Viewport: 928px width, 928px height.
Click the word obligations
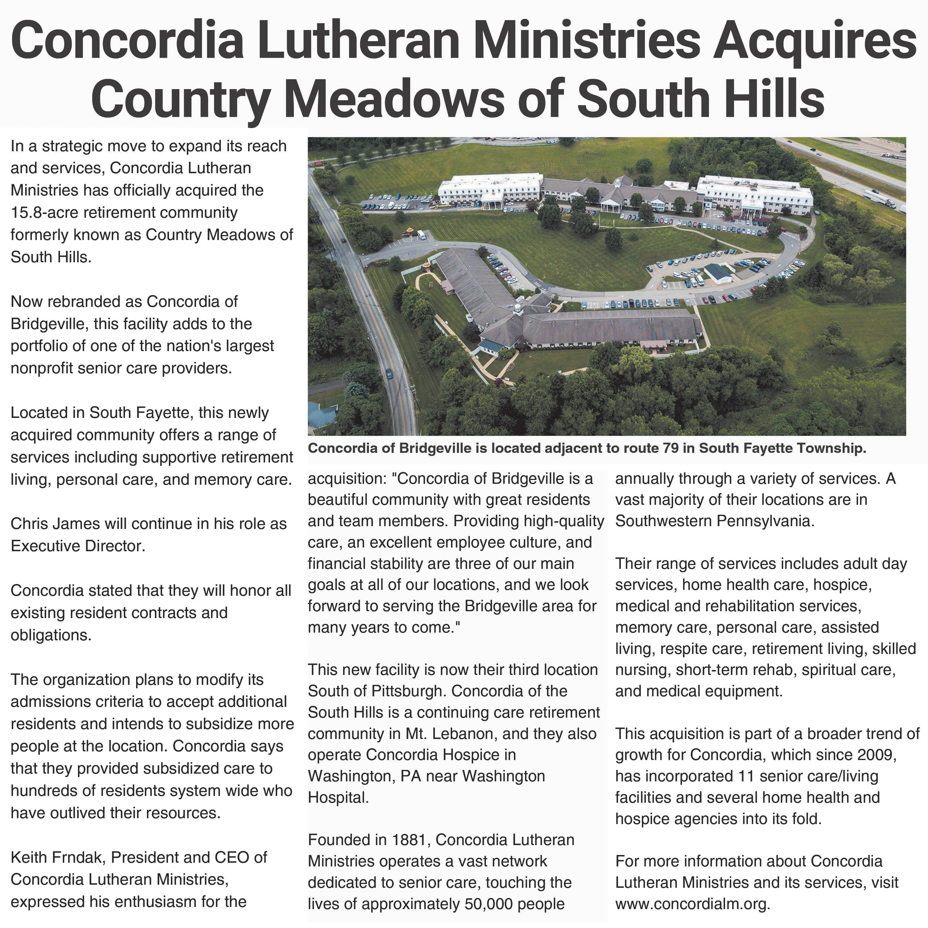coord(50,635)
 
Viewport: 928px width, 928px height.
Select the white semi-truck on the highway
coord(879,199)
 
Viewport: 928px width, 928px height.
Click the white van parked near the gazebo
coord(421,235)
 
